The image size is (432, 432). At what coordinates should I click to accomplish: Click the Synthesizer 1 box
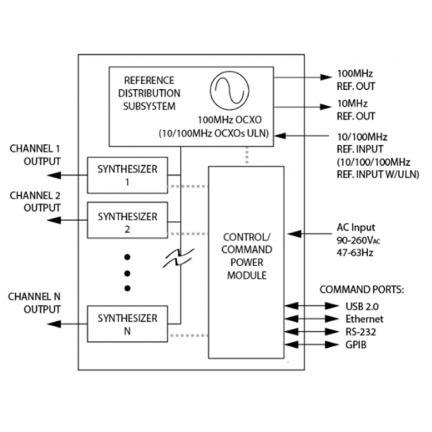tap(128, 175)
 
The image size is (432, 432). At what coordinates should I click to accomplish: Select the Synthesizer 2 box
tap(128, 221)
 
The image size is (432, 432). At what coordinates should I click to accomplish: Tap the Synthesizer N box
tap(128, 324)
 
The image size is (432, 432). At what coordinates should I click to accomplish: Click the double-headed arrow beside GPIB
tap(306, 344)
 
